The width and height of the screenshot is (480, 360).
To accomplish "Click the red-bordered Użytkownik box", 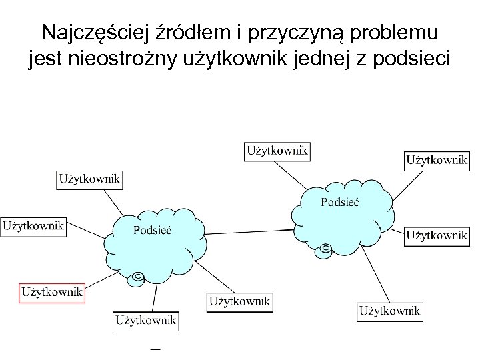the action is (51, 292).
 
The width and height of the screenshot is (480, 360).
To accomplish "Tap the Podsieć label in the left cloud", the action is (153, 230).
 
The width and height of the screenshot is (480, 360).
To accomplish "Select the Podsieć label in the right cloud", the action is (340, 201).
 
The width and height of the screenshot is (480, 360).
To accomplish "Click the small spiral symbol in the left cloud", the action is (138, 276).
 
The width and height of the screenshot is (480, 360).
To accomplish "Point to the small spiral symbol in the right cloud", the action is (325, 249).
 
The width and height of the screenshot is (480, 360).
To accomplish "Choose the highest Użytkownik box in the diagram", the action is (277, 151).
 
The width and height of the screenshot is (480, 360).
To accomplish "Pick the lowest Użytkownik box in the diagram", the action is (146, 321).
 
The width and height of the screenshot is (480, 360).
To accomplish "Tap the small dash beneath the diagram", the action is (155, 347).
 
